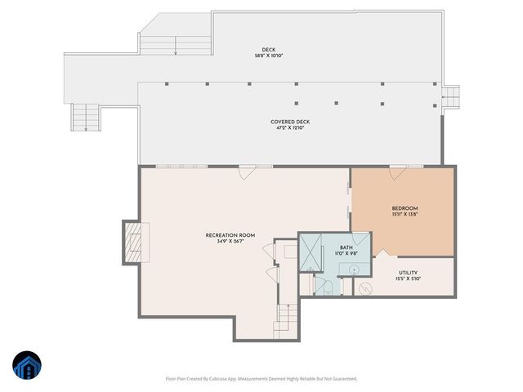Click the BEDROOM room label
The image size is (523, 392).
click(x=405, y=208)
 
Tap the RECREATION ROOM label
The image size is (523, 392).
click(x=230, y=235)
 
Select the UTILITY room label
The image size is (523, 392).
click(x=409, y=272)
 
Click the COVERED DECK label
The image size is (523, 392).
click(x=290, y=122)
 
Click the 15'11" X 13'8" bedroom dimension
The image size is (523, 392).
click(x=405, y=215)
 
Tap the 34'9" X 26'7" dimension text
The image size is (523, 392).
click(x=230, y=242)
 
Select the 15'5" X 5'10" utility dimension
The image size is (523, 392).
click(x=409, y=278)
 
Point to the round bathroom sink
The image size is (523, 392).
click(x=354, y=268)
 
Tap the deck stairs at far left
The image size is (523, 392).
click(x=84, y=118)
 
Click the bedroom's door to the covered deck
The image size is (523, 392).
click(x=398, y=171)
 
